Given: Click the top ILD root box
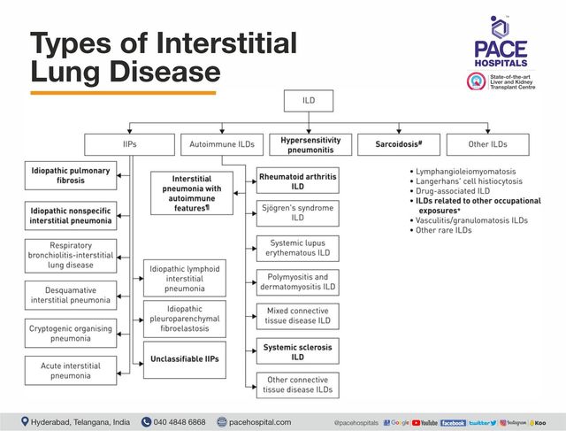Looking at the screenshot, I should (308, 101).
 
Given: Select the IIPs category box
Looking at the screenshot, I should (130, 144).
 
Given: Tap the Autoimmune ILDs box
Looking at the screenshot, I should (220, 144).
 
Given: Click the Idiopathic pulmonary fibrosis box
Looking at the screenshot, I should (70, 174).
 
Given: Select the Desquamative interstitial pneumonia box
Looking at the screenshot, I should (70, 295).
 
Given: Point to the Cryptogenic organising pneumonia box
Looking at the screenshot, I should (70, 334).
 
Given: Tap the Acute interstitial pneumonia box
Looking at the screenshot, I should (70, 370).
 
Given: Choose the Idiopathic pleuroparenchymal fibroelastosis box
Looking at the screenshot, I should (185, 319).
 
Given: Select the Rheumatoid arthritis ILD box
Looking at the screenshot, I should (297, 182).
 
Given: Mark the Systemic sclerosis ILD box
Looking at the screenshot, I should (297, 352).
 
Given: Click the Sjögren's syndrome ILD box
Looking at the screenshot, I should (297, 212).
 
